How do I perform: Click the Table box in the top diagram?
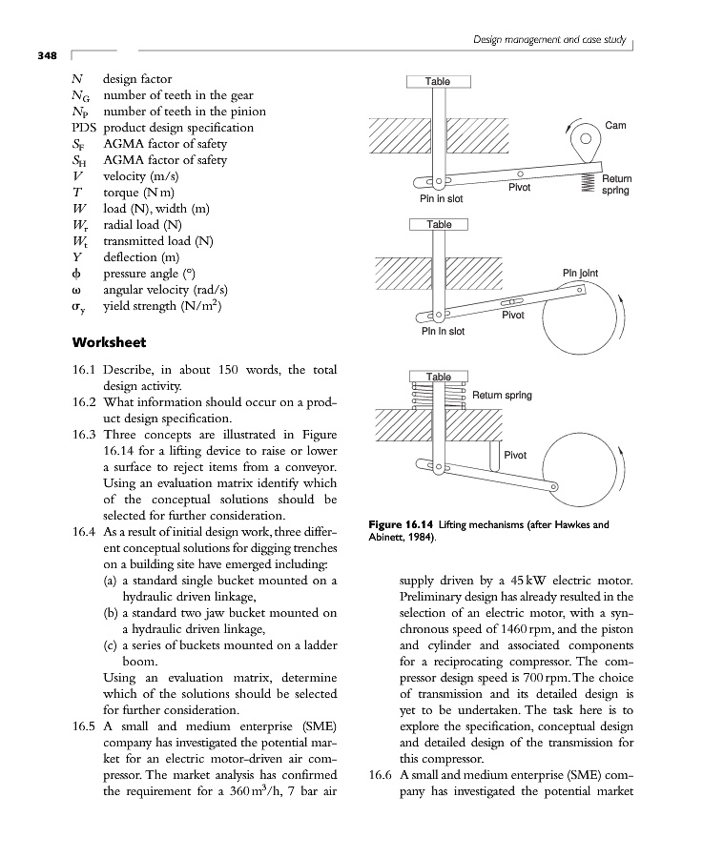point(438,82)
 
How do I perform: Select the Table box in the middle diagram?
point(439,224)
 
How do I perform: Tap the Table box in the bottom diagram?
point(439,377)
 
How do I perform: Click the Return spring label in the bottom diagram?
point(502,395)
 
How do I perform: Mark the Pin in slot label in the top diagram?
point(442,199)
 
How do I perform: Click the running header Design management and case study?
point(551,38)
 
